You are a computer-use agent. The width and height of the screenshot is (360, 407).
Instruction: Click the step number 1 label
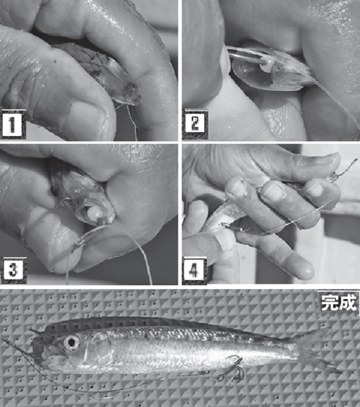click(x=13, y=124)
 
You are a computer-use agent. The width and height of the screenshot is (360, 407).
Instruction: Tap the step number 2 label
click(x=195, y=124)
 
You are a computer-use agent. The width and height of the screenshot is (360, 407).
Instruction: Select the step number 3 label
click(x=14, y=270)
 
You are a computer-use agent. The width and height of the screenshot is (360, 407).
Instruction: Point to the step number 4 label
click(x=195, y=270)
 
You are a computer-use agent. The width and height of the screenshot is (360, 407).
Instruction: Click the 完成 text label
click(x=338, y=302)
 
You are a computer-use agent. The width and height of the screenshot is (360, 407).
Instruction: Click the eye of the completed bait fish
click(x=72, y=342)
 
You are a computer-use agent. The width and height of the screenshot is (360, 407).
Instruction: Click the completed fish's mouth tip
click(x=33, y=345)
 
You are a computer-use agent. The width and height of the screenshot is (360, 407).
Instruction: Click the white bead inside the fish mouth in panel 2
click(x=266, y=68)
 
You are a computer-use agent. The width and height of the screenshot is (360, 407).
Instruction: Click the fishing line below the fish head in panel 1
click(x=132, y=122)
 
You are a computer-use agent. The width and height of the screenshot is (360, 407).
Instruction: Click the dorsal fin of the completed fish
click(x=156, y=321)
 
